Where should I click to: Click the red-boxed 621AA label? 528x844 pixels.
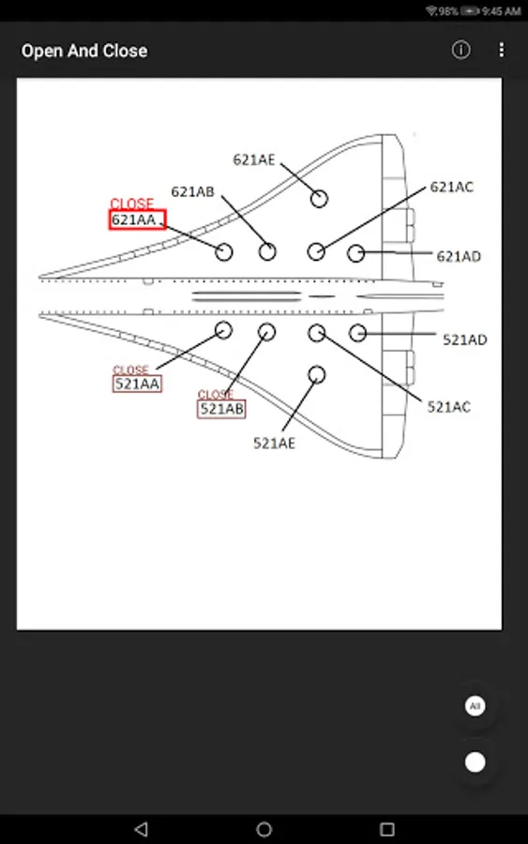point(137,219)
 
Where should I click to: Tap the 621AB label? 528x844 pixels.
point(192,191)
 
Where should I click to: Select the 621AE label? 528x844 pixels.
point(254,159)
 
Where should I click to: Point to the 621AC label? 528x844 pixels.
point(452,187)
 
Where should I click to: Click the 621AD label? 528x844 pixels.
point(459,256)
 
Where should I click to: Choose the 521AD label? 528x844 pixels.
point(465,339)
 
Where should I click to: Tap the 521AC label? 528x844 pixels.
point(449,407)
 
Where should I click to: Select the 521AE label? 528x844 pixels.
point(275,443)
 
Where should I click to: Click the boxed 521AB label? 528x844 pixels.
point(221,409)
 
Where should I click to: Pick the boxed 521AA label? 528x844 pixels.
point(137,384)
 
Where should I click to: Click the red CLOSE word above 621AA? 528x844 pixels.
point(132,203)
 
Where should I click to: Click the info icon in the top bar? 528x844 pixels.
point(460,50)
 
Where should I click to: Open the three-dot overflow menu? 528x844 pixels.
point(502,50)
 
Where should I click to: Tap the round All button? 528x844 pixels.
point(475,705)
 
